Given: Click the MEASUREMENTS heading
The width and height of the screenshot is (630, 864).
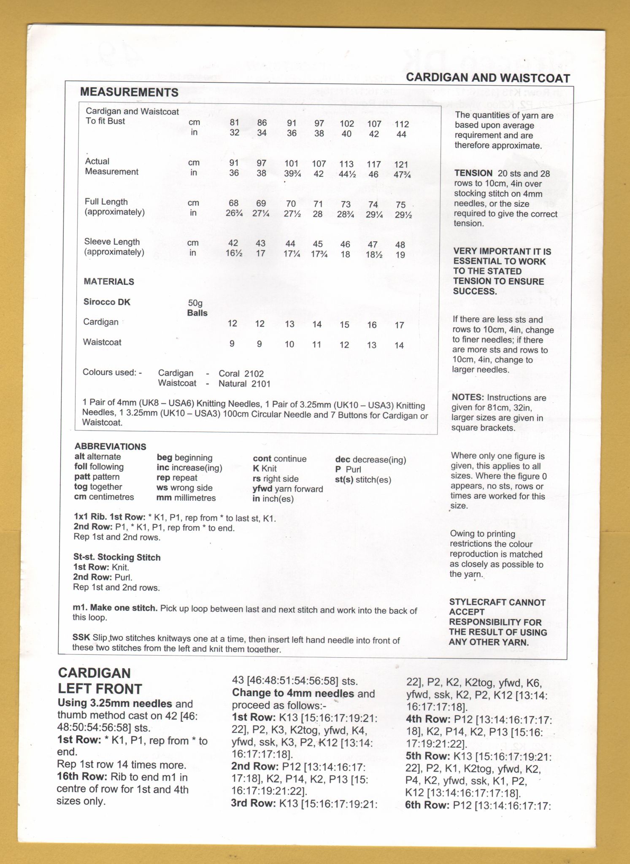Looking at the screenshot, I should [x=129, y=92].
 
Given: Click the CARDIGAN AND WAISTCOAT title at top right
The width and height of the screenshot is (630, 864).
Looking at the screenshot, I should [x=488, y=78].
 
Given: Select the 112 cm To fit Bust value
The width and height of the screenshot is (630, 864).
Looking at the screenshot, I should [x=402, y=124].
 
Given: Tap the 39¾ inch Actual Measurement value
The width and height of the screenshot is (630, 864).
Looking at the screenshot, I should [x=291, y=174].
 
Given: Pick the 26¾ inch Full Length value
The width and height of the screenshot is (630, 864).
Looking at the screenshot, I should [x=234, y=213].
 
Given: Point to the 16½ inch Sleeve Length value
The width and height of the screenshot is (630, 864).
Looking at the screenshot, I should [x=233, y=254].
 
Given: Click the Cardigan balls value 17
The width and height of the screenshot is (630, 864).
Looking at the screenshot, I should [x=399, y=325].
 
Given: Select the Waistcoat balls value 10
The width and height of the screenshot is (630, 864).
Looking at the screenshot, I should [x=289, y=344].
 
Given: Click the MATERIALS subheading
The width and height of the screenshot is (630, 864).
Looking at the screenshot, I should [x=109, y=281].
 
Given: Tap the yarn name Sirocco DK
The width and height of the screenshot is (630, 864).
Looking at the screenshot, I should [x=107, y=302].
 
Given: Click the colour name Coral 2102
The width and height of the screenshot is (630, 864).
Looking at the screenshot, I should [x=241, y=374].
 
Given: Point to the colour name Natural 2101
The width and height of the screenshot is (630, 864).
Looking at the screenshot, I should [x=244, y=384].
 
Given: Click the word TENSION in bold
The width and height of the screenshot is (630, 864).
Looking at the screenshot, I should [x=473, y=173].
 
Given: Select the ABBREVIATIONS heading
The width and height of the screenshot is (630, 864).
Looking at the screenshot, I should [x=111, y=446].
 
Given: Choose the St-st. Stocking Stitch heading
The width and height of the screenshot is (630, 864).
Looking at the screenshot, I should [x=117, y=557].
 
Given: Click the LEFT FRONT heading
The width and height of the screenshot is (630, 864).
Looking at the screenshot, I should [x=100, y=688].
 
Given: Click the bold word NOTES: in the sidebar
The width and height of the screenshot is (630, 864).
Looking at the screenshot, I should [x=468, y=397].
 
